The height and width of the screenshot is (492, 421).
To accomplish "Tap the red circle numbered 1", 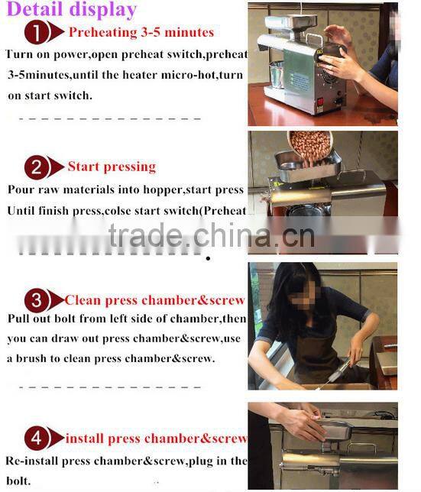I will click(x=36, y=33).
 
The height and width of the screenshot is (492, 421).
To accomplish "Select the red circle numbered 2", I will click(x=36, y=167).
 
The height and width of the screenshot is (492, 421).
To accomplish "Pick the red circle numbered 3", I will click(x=36, y=300).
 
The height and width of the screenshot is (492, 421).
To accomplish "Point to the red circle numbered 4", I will click(x=36, y=439).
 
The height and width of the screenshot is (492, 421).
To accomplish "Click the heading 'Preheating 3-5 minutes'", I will click(x=141, y=33).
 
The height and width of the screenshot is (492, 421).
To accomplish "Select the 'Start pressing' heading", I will click(x=112, y=167).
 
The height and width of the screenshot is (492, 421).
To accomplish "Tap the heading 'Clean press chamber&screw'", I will click(x=155, y=300).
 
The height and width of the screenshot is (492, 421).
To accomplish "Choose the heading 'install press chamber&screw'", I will click(x=155, y=439).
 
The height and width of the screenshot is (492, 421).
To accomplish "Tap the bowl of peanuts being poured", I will click(x=312, y=144).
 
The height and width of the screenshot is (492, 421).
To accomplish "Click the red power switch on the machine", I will click(x=321, y=100).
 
